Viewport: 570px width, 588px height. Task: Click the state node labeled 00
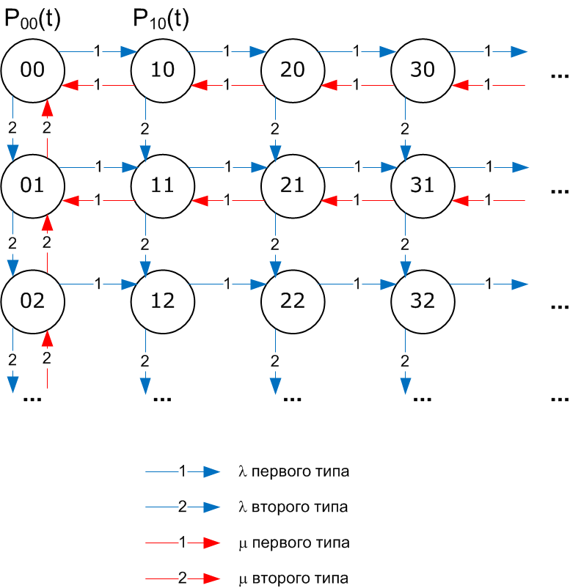tap(33, 70)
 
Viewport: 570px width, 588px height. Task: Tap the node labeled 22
tap(293, 301)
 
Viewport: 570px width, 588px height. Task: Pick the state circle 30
tap(423, 70)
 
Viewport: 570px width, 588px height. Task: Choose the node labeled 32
tap(423, 301)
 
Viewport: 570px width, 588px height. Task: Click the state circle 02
tap(33, 301)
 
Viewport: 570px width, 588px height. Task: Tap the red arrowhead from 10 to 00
tap(72, 85)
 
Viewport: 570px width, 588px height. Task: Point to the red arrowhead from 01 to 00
tap(48, 109)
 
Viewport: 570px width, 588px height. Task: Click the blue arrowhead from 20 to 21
tap(275, 152)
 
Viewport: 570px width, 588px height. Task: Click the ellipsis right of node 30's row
tap(559, 77)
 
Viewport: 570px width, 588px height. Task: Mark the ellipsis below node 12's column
tap(161, 400)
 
